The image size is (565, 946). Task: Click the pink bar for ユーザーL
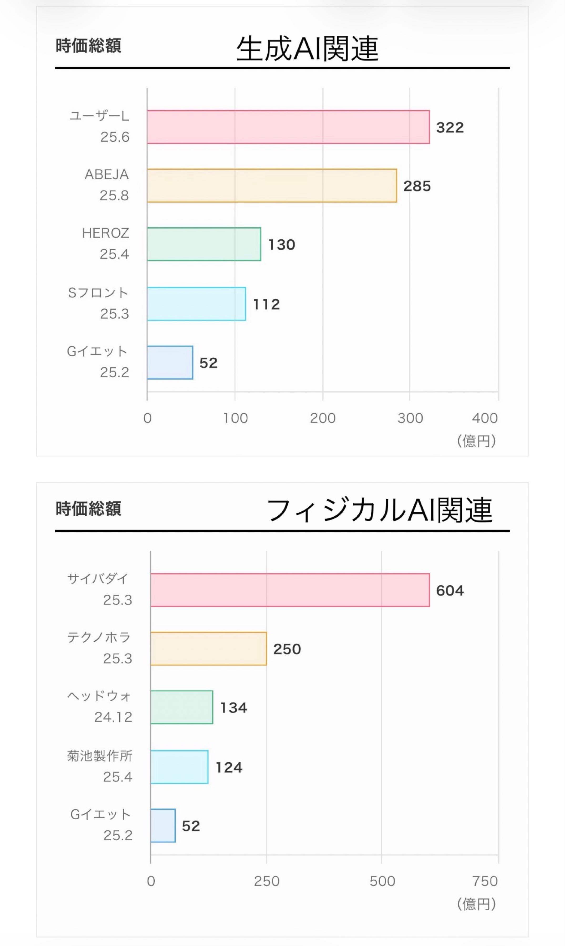tap(288, 127)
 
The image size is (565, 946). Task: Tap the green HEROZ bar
tap(204, 244)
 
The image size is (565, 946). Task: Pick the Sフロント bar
tap(196, 304)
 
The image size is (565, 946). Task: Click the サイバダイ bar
tap(290, 590)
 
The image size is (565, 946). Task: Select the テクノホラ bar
tap(209, 649)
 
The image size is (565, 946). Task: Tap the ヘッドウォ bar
tap(182, 707)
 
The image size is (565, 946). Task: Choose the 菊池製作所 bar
tap(179, 767)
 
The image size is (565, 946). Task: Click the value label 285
tap(417, 186)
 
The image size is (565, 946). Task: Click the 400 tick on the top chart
tap(485, 418)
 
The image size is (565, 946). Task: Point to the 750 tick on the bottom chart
tap(485, 881)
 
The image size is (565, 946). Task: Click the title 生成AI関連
tap(307, 49)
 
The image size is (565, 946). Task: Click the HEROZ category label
tap(105, 233)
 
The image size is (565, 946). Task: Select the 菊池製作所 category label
tap(100, 756)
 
